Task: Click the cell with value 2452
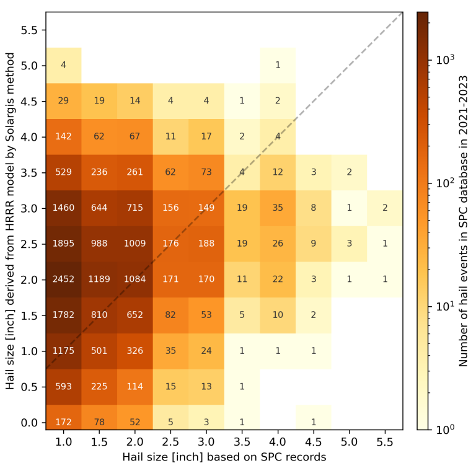click(63, 280)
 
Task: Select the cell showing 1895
click(63, 244)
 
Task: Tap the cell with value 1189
click(99, 280)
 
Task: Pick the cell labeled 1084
click(134, 280)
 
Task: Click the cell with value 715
click(134, 208)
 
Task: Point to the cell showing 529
click(63, 172)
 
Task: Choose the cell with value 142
click(63, 136)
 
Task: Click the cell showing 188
click(206, 244)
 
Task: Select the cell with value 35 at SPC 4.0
click(278, 208)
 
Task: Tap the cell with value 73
click(206, 172)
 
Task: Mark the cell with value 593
click(63, 387)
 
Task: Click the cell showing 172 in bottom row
click(63, 423)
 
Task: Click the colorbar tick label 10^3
click(445, 60)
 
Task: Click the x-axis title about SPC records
click(224, 457)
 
